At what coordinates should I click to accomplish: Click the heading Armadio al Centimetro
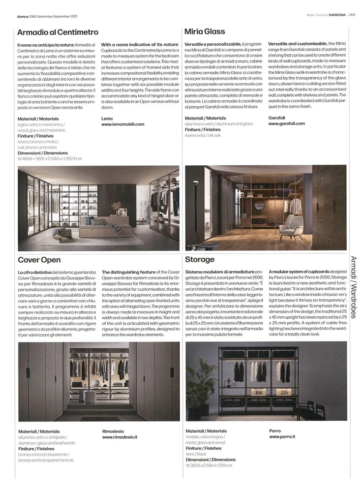point(58,32)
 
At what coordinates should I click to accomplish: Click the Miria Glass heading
point(205,32)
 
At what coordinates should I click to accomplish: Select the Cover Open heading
point(39,260)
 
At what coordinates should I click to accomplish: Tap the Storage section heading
point(200,260)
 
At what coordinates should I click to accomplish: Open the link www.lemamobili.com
point(122,124)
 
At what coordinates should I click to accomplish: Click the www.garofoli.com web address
point(287,124)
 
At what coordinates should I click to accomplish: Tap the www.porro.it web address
point(282,436)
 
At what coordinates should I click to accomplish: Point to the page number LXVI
point(352,15)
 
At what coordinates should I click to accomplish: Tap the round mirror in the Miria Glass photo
point(260,205)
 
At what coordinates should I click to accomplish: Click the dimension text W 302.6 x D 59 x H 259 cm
point(209,465)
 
